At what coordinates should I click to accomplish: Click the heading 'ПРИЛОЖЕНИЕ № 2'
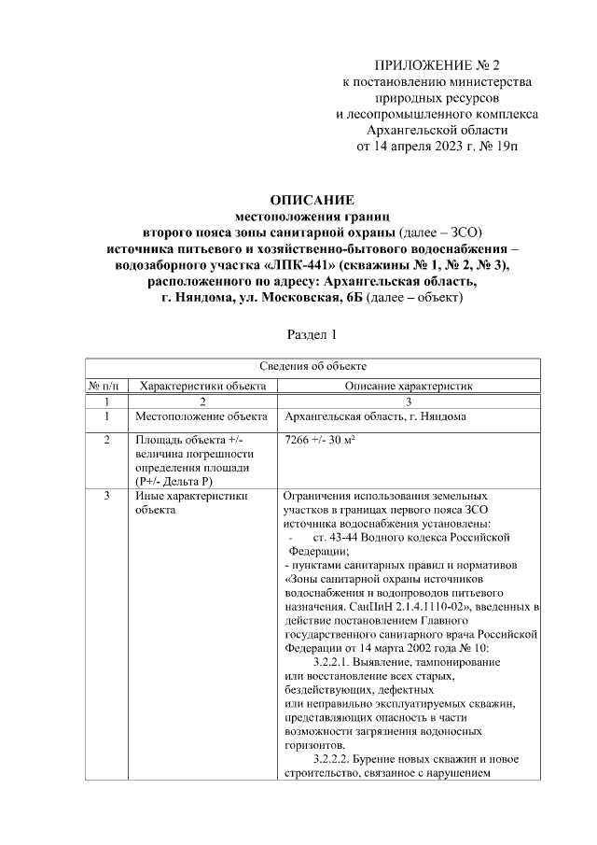437,65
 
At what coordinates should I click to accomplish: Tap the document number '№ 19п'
500,147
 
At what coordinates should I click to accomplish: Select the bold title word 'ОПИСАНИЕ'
312,200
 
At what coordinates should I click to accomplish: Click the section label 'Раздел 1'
312,333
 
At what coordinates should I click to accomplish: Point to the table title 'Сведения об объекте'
312,366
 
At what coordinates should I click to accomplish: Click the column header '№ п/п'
105,384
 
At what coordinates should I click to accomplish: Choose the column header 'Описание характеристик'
410,384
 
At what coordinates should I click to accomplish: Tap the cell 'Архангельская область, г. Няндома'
375,416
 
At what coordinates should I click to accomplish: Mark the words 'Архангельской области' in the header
437,130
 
